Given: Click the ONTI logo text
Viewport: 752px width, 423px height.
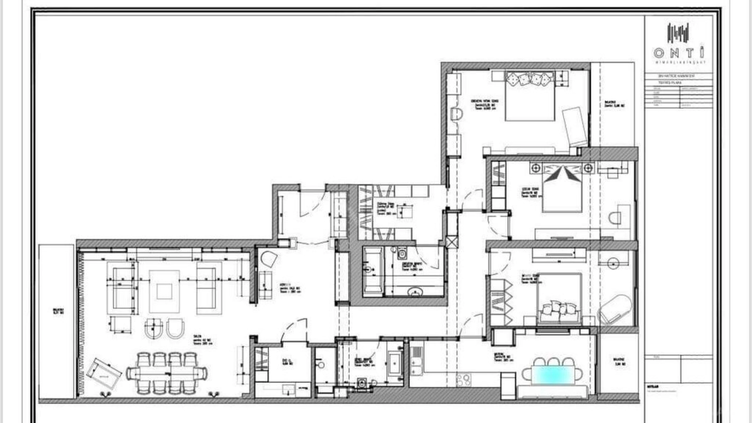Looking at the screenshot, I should pyautogui.click(x=679, y=53).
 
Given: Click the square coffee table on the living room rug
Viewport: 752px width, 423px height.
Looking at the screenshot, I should pyautogui.click(x=164, y=291).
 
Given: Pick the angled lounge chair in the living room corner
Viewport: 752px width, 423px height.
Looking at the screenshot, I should pyautogui.click(x=104, y=374).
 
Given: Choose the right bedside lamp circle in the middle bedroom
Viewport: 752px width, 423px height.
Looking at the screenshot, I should pyautogui.click(x=589, y=168).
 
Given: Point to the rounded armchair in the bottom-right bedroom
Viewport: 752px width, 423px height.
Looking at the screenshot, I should pyautogui.click(x=615, y=310).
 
